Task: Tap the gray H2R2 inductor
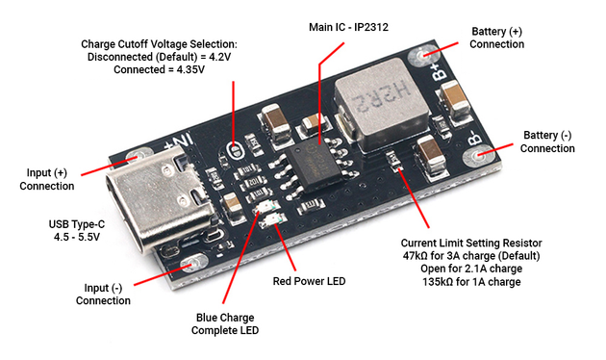tap(382, 104)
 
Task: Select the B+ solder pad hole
tap(423, 55)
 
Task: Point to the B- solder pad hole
tap(479, 156)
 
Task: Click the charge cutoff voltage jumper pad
tap(235, 150)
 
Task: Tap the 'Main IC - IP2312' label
tap(348, 28)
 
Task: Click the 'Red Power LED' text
tap(309, 281)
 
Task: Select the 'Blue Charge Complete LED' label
tap(225, 324)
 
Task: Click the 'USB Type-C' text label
tap(77, 224)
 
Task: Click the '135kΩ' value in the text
tap(438, 281)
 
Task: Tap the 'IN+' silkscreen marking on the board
tap(179, 142)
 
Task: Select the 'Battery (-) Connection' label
tap(547, 141)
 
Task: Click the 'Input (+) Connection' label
tap(47, 179)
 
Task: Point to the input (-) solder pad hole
tap(193, 264)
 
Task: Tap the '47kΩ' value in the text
tap(416, 256)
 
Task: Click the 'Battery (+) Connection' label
tap(496, 38)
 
